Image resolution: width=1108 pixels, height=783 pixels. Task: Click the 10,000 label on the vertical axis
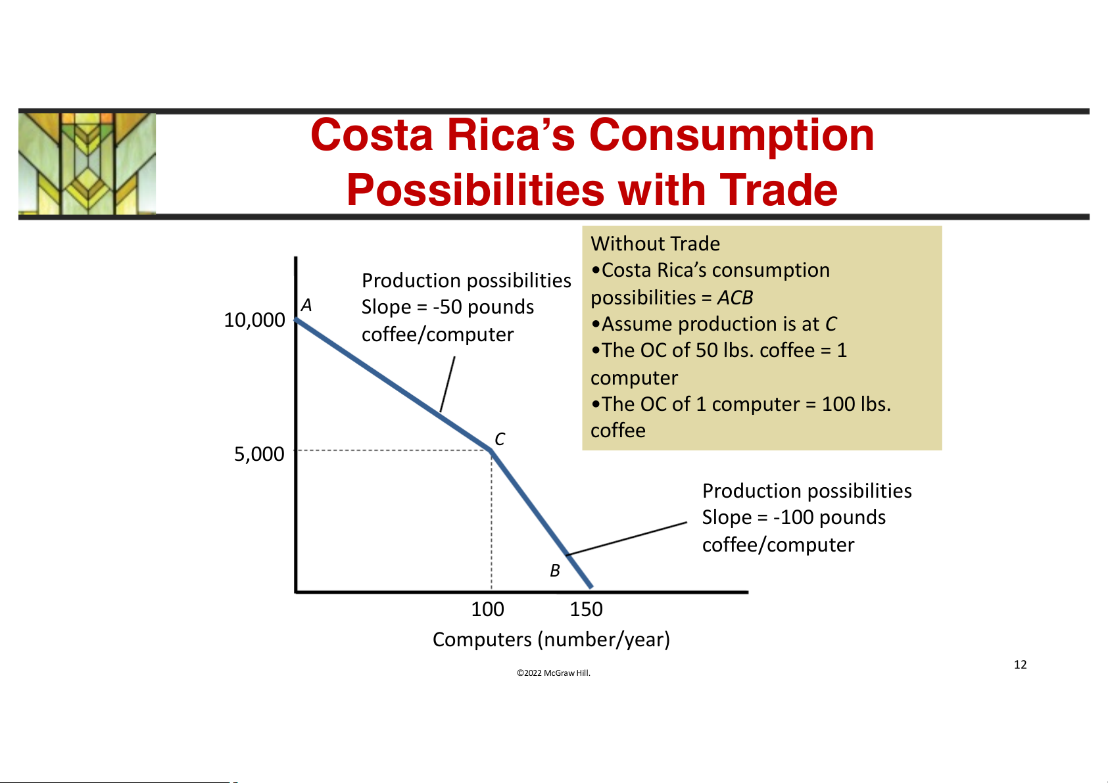254,320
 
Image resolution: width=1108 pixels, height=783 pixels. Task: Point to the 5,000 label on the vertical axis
259,454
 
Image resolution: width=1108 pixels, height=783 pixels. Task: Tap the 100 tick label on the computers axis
487,609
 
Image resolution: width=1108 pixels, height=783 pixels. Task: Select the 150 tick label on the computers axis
586,609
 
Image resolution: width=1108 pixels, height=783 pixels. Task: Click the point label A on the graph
306,305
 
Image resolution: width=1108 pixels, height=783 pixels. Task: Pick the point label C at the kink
500,439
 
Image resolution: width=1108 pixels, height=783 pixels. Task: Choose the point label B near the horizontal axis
555,571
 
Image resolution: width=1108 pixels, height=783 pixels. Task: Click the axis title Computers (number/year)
551,639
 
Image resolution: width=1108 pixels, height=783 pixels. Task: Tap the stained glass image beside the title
87,163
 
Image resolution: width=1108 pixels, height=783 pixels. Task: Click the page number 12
1020,665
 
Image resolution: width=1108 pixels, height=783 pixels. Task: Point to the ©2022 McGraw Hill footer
554,673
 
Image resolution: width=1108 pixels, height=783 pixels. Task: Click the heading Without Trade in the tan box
655,244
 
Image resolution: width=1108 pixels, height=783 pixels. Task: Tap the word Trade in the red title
779,191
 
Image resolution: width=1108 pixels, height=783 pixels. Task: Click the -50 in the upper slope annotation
447,307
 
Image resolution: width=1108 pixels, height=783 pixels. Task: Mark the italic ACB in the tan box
735,298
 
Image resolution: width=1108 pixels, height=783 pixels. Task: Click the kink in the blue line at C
491,450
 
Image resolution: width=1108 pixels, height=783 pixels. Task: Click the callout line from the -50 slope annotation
448,384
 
